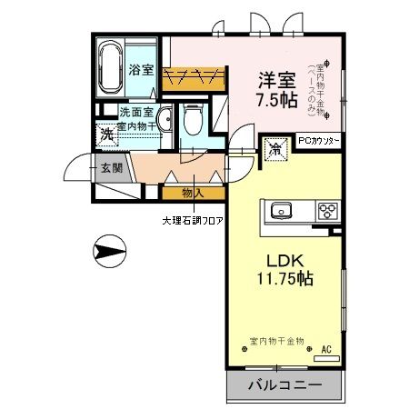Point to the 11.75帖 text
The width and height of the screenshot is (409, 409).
(x=284, y=279)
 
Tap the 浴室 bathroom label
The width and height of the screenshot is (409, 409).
(x=140, y=70)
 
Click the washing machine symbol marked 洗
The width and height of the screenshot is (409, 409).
(x=106, y=134)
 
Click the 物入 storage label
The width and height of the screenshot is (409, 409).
(x=192, y=193)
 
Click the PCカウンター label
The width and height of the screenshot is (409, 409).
(x=318, y=141)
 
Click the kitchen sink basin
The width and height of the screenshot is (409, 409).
(x=279, y=212)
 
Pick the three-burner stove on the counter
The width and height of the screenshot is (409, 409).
(x=326, y=212)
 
